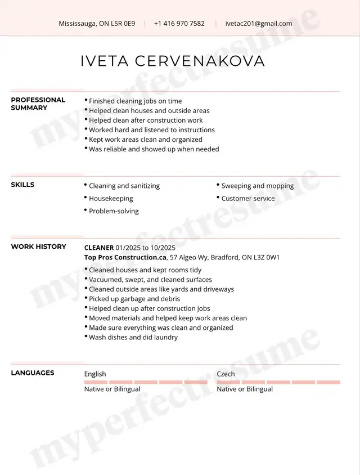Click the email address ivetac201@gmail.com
coord(259,24)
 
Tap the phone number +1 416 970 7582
coord(179,24)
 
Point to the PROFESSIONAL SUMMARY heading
coord(38,104)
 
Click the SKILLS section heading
coord(22,185)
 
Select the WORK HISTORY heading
coord(38,247)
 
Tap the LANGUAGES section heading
coord(33,373)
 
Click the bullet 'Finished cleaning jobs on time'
coord(135,101)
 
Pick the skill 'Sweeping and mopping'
coord(257,186)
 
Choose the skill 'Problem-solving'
coord(114,211)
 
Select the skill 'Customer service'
coord(248,198)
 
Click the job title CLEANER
coord(99,248)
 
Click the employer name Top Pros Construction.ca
coord(125,257)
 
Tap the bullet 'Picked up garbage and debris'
coord(134,299)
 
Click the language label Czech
coord(226,374)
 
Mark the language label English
coord(95,374)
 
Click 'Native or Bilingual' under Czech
coord(245,389)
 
